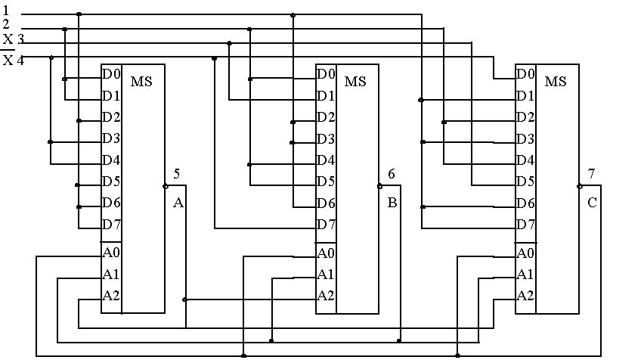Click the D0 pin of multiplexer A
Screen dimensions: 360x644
coord(111,74)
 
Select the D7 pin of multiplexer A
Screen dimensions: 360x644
coord(111,225)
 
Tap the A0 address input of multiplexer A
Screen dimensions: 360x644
coord(111,253)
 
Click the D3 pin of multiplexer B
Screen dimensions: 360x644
coord(326,138)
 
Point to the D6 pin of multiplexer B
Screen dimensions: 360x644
coord(326,203)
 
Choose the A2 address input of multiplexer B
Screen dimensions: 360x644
coord(326,295)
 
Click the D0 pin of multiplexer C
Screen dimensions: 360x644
coord(525,74)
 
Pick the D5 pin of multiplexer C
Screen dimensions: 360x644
coord(525,182)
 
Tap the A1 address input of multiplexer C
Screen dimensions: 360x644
coord(525,274)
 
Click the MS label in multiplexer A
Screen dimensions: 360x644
coord(141,81)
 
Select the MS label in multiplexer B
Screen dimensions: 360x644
coord(355,81)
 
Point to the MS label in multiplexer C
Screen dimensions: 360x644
coord(556,81)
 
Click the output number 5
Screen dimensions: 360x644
coord(176,174)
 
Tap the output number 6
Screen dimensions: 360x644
coord(391,174)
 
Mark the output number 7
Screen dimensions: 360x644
coord(591,174)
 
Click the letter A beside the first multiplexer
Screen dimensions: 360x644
coord(178,203)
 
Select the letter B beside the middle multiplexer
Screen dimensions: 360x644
coord(392,203)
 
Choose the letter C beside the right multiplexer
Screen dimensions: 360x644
coord(592,203)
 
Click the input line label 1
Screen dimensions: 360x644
coord(6,11)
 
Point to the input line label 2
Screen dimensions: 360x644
coord(6,24)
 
